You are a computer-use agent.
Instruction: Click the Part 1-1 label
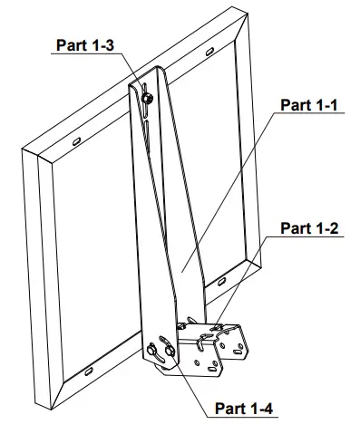[x=308, y=105]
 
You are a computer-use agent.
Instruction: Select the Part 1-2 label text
[x=308, y=228]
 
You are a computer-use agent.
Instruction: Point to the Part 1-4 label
[x=243, y=409]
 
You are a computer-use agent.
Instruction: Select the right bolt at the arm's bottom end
[x=166, y=345]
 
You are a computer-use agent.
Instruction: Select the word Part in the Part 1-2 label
[x=293, y=228]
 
